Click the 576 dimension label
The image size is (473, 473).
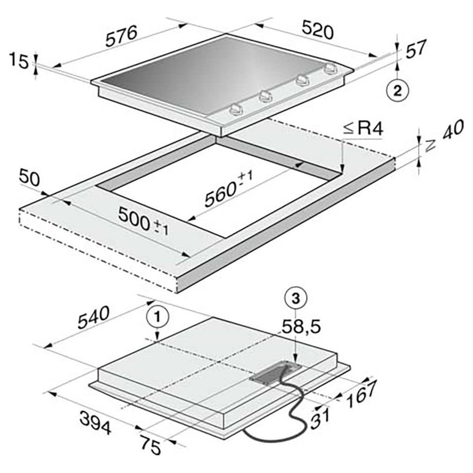(x=121, y=36)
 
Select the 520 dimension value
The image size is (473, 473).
(x=318, y=30)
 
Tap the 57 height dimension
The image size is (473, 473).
(x=416, y=49)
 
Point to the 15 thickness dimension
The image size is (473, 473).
(x=19, y=61)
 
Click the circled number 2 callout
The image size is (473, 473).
(x=398, y=90)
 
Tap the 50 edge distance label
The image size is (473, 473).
(x=29, y=178)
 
